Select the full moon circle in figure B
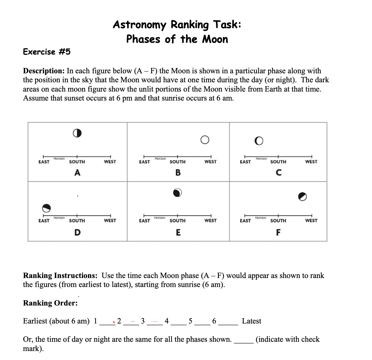click(205, 140)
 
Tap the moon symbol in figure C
click(259, 141)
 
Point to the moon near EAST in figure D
click(47, 208)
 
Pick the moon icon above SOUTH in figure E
click(177, 193)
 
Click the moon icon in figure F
click(302, 197)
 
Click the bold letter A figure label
click(77, 173)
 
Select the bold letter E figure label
click(178, 233)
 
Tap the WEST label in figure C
click(311, 162)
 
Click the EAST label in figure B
click(144, 162)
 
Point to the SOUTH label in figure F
click(278, 221)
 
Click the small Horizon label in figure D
click(59, 218)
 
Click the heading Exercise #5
click(47, 52)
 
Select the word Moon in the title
click(215, 39)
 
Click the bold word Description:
click(44, 71)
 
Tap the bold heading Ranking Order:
click(50, 303)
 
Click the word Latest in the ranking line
click(251, 321)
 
